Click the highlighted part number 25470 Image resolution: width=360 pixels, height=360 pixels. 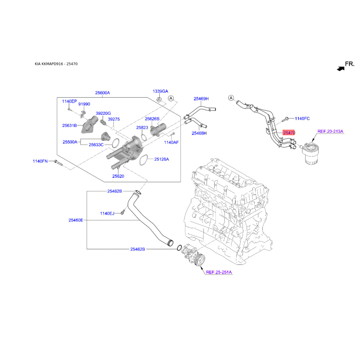pyautogui.click(x=289, y=132)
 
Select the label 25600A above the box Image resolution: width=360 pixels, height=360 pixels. pyautogui.click(x=103, y=93)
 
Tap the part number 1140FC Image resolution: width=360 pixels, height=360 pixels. pyautogui.click(x=302, y=118)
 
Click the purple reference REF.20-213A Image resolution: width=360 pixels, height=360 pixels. pyautogui.click(x=330, y=131)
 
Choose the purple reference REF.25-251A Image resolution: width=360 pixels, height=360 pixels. pyautogui.click(x=219, y=272)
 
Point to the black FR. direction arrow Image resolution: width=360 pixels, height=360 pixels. pyautogui.click(x=341, y=68)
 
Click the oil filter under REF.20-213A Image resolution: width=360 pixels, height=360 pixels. pyautogui.click(x=310, y=153)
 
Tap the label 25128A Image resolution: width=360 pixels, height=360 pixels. pyautogui.click(x=162, y=159)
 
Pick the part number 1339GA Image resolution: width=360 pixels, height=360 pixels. pyautogui.click(x=160, y=91)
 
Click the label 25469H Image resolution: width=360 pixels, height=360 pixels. pyautogui.click(x=201, y=99)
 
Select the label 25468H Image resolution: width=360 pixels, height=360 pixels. pyautogui.click(x=199, y=133)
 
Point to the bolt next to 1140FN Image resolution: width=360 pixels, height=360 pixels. pyautogui.click(x=58, y=162)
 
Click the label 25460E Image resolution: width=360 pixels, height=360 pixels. pyautogui.click(x=76, y=220)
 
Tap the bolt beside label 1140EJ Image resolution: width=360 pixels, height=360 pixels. pyautogui.click(x=123, y=212)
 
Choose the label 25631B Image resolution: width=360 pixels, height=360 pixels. pyautogui.click(x=69, y=126)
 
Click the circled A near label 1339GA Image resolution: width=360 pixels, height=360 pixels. pyautogui.click(x=171, y=98)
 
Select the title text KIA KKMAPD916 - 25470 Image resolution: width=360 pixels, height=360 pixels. pyautogui.click(x=56, y=64)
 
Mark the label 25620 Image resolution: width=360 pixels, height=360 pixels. pyautogui.click(x=118, y=176)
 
